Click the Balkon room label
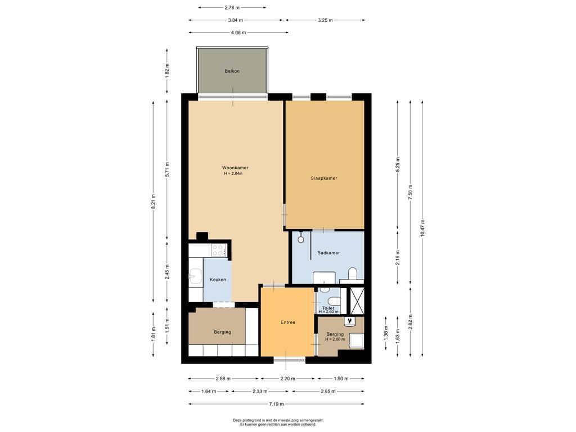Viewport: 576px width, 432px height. click(x=232, y=71)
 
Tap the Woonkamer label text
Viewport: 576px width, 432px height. click(x=235, y=168)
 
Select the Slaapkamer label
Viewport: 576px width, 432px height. click(x=323, y=178)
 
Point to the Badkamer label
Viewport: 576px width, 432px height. click(x=328, y=253)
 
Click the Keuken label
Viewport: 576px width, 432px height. click(x=218, y=280)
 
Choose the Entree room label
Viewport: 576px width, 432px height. click(x=288, y=322)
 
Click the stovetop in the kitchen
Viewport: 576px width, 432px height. click(x=218, y=250)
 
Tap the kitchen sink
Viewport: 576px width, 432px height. click(x=195, y=277)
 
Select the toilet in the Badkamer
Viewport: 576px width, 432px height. click(x=353, y=274)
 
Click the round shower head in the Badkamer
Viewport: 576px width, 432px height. click(x=301, y=240)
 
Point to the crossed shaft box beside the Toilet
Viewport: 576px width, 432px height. click(x=356, y=301)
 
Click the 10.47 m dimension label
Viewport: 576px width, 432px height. click(x=422, y=228)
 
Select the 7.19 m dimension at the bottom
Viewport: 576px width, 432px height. click(x=276, y=404)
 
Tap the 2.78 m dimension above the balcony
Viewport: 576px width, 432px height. click(x=232, y=7)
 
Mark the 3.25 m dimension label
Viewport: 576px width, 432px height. click(x=325, y=20)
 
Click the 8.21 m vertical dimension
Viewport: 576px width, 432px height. click(x=154, y=201)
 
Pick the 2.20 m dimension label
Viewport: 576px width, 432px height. click(x=288, y=379)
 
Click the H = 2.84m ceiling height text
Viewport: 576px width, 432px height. click(x=233, y=173)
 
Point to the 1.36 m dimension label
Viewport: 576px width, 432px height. click(x=386, y=333)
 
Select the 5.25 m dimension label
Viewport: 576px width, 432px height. click(x=398, y=165)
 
